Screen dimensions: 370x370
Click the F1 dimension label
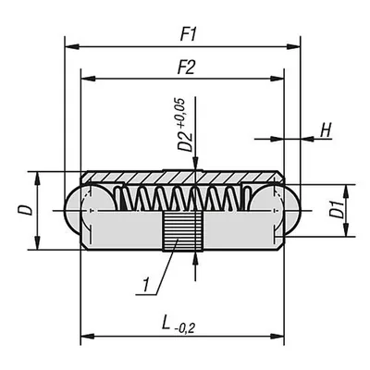pos(188,35)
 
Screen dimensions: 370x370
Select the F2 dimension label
pos(187,68)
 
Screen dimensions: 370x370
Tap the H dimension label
pos(326,130)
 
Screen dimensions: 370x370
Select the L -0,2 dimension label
pos(179,326)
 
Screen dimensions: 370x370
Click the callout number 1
pos(146,285)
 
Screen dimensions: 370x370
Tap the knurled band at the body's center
pos(182,231)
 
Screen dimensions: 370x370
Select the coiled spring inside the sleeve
pos(182,198)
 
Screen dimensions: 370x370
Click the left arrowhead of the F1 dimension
pos(71,47)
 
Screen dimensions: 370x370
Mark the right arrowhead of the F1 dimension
pos(293,47)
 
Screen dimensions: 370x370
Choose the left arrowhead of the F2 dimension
pos(87,79)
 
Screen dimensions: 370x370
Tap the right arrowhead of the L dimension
pos(277,337)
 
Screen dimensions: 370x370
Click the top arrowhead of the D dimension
pos(37,179)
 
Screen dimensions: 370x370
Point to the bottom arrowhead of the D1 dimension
pos(347,229)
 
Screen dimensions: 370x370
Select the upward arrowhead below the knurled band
pos(195,259)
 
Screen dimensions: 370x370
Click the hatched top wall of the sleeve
pos(182,177)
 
